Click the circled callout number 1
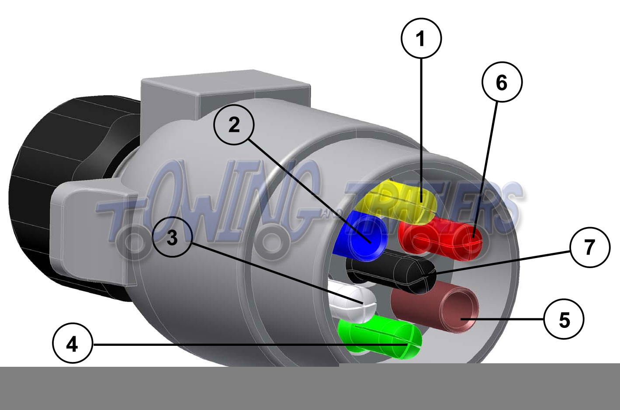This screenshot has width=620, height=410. tap(421, 38)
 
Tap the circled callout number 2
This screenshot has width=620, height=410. tap(234, 125)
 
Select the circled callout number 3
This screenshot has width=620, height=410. tap(172, 238)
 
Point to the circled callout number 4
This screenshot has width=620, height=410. tap(73, 345)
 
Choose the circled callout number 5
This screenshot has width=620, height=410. tap(564, 319)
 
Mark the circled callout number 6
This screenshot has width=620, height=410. tap(502, 82)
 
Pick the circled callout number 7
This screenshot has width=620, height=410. tap(590, 247)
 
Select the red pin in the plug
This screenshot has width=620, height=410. tap(440, 238)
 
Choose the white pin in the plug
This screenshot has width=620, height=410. tap(352, 304)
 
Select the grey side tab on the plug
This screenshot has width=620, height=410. tap(91, 232)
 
